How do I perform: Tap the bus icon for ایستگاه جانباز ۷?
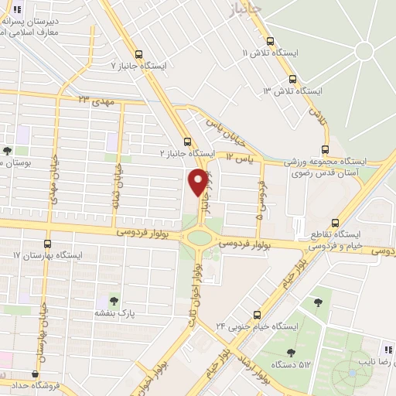click(x=138, y=55)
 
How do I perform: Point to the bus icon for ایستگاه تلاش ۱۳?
click(x=292, y=79)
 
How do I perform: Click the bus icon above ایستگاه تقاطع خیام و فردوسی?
click(x=334, y=220)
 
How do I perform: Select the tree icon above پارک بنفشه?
click(x=114, y=300)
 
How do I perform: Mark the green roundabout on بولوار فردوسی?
click(x=200, y=235)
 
